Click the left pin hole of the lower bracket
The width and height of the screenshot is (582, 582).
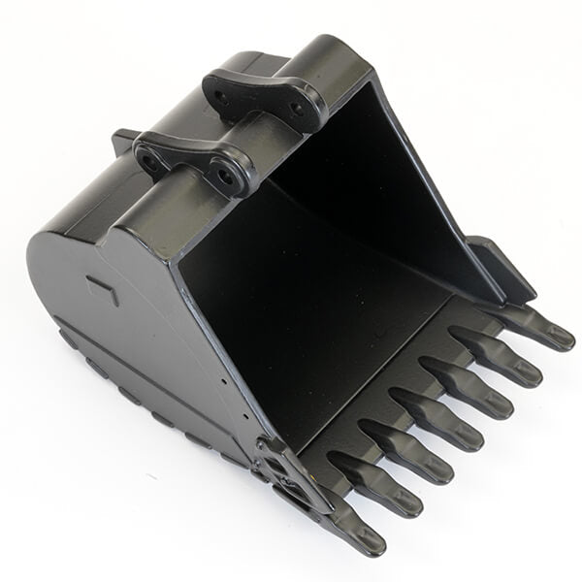[151, 161]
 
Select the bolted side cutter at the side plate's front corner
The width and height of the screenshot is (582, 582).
[291, 475]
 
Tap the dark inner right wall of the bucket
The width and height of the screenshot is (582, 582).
[407, 194]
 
